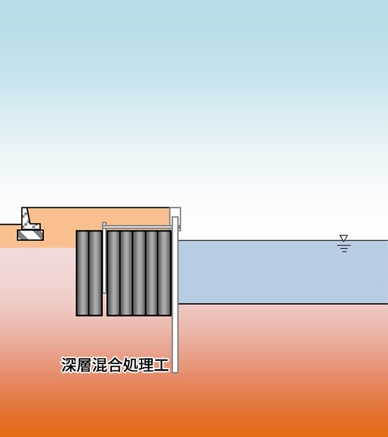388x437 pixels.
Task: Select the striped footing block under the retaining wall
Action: tap(30, 235)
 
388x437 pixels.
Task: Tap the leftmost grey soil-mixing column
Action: tap(83, 273)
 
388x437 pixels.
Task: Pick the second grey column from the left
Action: tap(96, 273)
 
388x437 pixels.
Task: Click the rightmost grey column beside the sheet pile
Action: tap(164, 273)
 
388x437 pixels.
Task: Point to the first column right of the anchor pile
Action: tap(113, 273)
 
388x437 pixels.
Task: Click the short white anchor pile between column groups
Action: tap(104, 258)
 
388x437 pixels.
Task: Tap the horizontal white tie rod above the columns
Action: tap(139, 227)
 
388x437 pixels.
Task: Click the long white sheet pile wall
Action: tap(175, 294)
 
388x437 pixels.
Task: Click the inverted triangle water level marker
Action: tap(343, 238)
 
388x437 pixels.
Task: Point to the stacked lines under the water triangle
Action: tap(344, 249)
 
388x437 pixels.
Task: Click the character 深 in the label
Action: tap(69, 365)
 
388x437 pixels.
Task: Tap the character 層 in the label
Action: tap(83, 365)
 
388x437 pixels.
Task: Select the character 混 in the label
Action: tap(100, 365)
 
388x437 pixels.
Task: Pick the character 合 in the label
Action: tap(114, 365)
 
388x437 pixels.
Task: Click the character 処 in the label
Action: tap(131, 365)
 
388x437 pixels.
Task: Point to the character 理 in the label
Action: tap(145, 365)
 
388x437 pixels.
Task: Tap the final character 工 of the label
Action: tap(161, 365)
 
